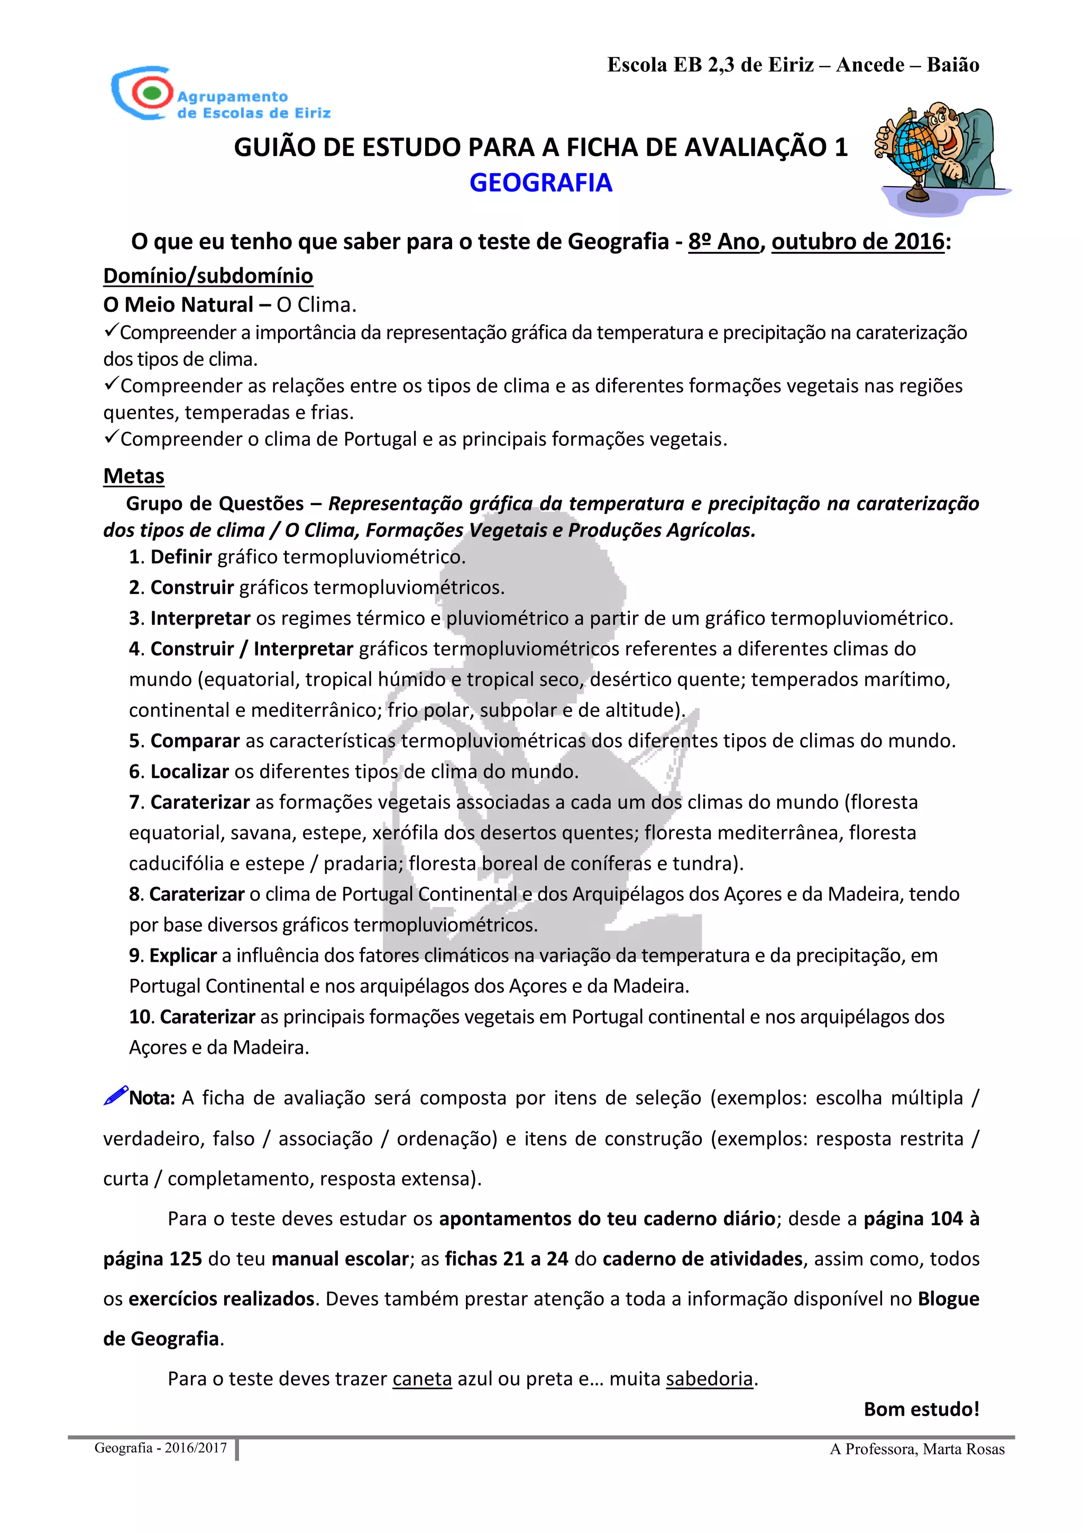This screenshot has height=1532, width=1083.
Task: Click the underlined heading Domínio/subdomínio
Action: pos(208,276)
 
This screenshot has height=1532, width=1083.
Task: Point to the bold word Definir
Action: pos(181,557)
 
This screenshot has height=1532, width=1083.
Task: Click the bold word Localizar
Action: pos(189,771)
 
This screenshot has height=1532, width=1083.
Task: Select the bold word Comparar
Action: pos(195,741)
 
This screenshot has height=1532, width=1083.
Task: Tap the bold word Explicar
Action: pos(183,955)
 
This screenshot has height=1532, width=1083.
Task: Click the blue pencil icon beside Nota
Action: pos(115,1096)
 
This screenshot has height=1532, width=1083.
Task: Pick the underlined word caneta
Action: pos(422,1379)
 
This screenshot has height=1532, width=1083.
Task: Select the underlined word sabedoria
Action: pos(710,1379)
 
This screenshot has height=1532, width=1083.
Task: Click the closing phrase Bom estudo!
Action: pos(921,1409)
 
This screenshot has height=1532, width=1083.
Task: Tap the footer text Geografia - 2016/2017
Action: pos(161,1448)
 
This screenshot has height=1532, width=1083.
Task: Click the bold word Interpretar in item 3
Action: pos(200,618)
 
